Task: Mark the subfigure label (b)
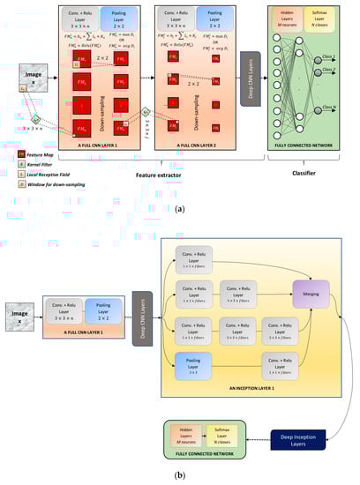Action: (180, 475)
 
